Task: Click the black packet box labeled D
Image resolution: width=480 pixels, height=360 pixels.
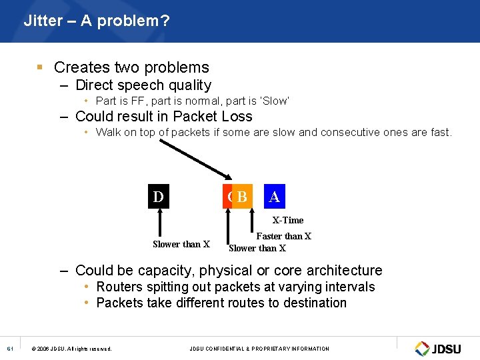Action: pyautogui.click(x=158, y=197)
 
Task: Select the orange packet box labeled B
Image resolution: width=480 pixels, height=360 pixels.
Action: pyautogui.click(x=243, y=197)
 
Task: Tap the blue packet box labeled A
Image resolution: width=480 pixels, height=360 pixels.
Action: pyautogui.click(x=274, y=197)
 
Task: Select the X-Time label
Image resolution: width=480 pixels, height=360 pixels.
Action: pyautogui.click(x=287, y=220)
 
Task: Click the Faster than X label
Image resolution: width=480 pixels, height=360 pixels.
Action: pyautogui.click(x=283, y=236)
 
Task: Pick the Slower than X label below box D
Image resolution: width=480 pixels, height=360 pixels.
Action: pyautogui.click(x=181, y=244)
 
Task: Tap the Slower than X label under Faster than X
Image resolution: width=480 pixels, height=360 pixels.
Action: pyautogui.click(x=257, y=248)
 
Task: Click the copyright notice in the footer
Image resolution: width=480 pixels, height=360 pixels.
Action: pyautogui.click(x=71, y=349)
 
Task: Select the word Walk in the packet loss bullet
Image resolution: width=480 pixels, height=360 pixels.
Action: pyautogui.click(x=109, y=132)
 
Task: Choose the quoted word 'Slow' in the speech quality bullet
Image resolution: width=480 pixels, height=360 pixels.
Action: pyautogui.click(x=275, y=101)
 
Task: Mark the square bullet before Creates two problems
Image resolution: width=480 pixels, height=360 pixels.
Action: pyautogui.click(x=40, y=67)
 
